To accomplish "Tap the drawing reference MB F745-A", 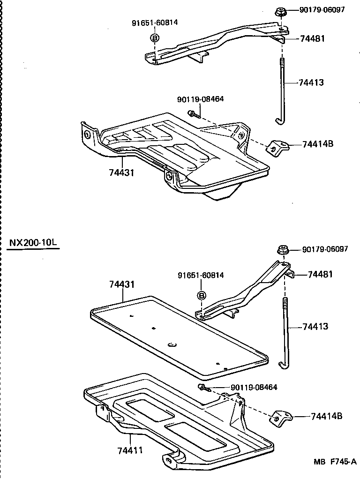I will click(x=335, y=462).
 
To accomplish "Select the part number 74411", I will click(x=130, y=450).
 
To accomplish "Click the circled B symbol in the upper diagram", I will click(x=155, y=38).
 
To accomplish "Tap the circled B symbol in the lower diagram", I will click(x=201, y=295).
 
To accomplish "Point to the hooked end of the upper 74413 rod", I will click(x=279, y=122).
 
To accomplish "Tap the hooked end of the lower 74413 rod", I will click(x=281, y=364).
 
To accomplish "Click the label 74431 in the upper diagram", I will click(x=121, y=172).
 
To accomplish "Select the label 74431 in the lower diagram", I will click(x=122, y=284).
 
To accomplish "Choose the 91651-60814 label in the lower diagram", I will click(x=201, y=275).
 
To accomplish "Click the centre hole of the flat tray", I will click(x=172, y=345).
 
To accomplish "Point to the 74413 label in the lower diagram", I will click(x=315, y=326).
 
